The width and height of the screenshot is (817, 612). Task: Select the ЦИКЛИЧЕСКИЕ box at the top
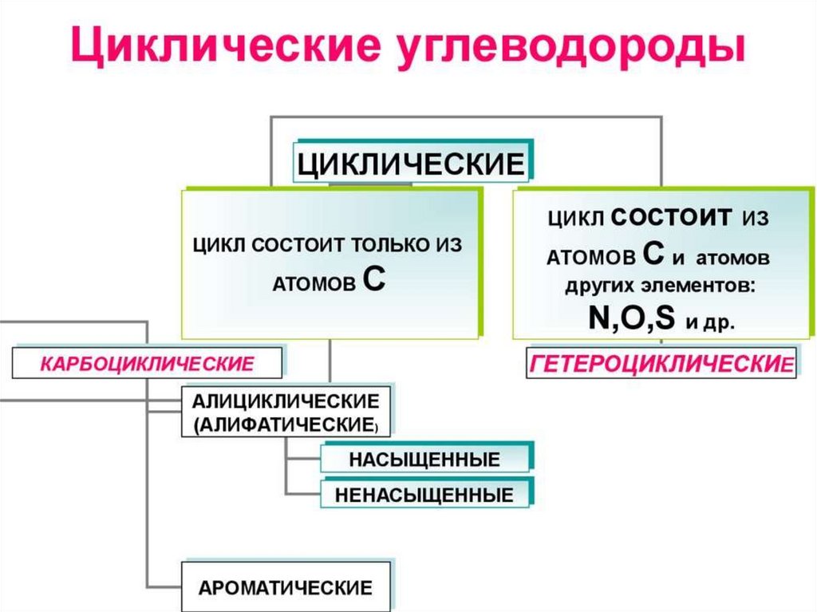pos(410,164)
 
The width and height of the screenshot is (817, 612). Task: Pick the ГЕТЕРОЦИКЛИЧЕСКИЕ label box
pos(661,364)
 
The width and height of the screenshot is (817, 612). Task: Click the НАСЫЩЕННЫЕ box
pos(424,460)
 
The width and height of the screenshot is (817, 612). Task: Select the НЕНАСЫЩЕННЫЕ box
pos(424,495)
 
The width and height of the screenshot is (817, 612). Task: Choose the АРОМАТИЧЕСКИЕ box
pos(286,588)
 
